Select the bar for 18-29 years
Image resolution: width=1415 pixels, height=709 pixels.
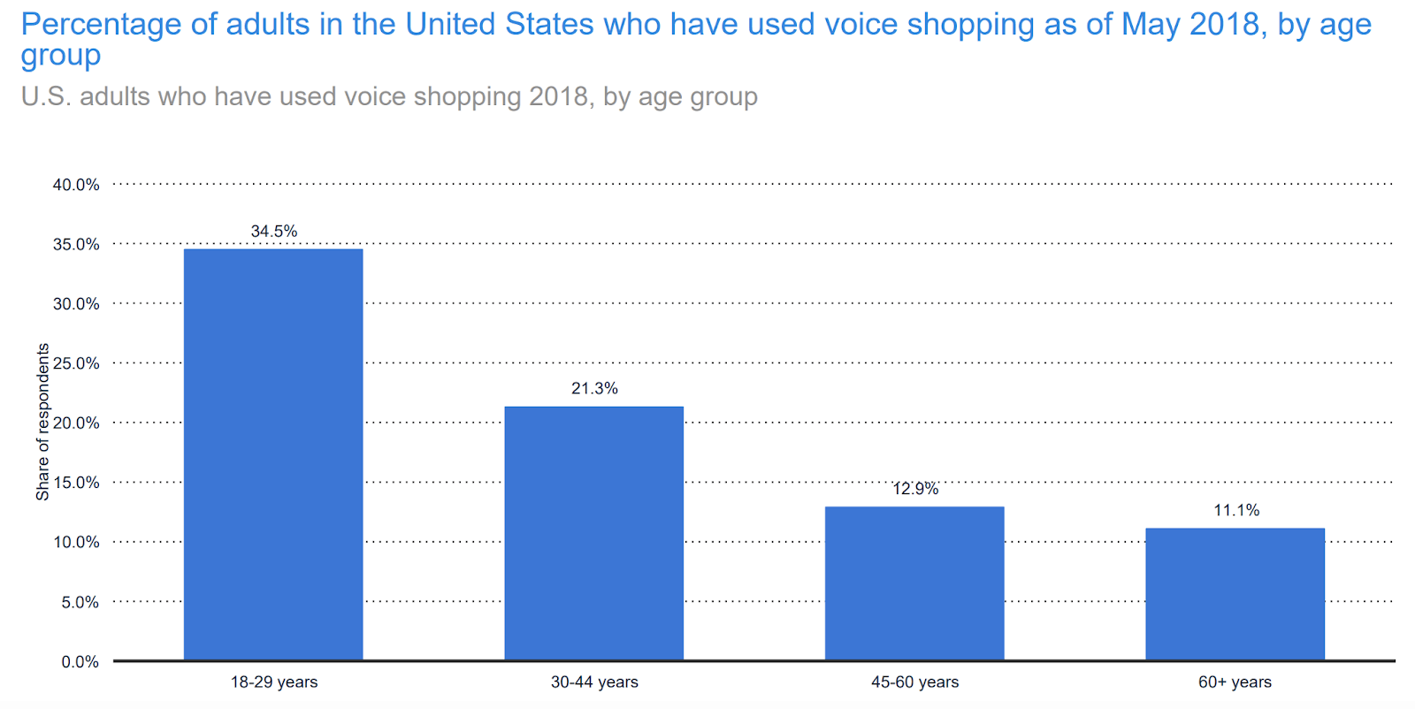[273, 454]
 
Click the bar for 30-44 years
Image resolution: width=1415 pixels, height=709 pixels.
[594, 533]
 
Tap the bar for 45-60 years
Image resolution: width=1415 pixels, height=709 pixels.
[914, 583]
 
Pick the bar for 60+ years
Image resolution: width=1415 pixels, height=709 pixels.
[1235, 594]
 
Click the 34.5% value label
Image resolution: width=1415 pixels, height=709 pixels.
[274, 232]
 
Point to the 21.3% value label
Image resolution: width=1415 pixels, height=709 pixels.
[594, 389]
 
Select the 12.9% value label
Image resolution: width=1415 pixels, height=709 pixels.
[915, 489]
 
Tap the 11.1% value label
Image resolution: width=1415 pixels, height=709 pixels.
[1236, 510]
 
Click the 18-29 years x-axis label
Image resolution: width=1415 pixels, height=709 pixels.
[274, 682]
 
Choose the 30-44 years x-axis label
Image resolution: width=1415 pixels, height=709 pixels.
[594, 682]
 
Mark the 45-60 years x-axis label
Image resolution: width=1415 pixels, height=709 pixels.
[915, 682]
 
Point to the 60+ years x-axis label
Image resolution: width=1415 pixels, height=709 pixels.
[1235, 682]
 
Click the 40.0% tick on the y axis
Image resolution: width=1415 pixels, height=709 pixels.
[76, 185]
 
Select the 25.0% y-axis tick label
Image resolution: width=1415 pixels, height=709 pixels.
[76, 363]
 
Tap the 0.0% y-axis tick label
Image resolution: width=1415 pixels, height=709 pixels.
[80, 662]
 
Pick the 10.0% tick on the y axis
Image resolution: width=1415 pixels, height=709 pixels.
[76, 543]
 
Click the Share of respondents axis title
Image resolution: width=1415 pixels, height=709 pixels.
[42, 423]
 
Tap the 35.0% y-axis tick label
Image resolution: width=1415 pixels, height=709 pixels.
[76, 245]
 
